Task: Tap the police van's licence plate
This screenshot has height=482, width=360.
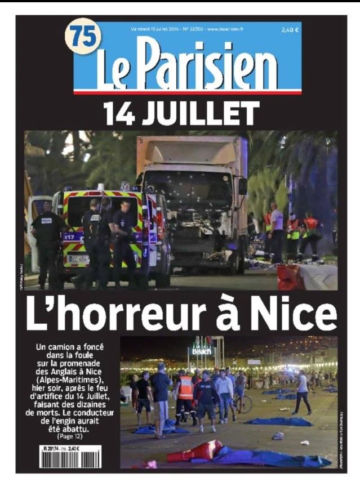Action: (x=79, y=258)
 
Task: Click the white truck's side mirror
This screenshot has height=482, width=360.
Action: (x=243, y=185)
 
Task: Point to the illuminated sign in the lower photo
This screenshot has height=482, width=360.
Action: (x=202, y=350)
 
